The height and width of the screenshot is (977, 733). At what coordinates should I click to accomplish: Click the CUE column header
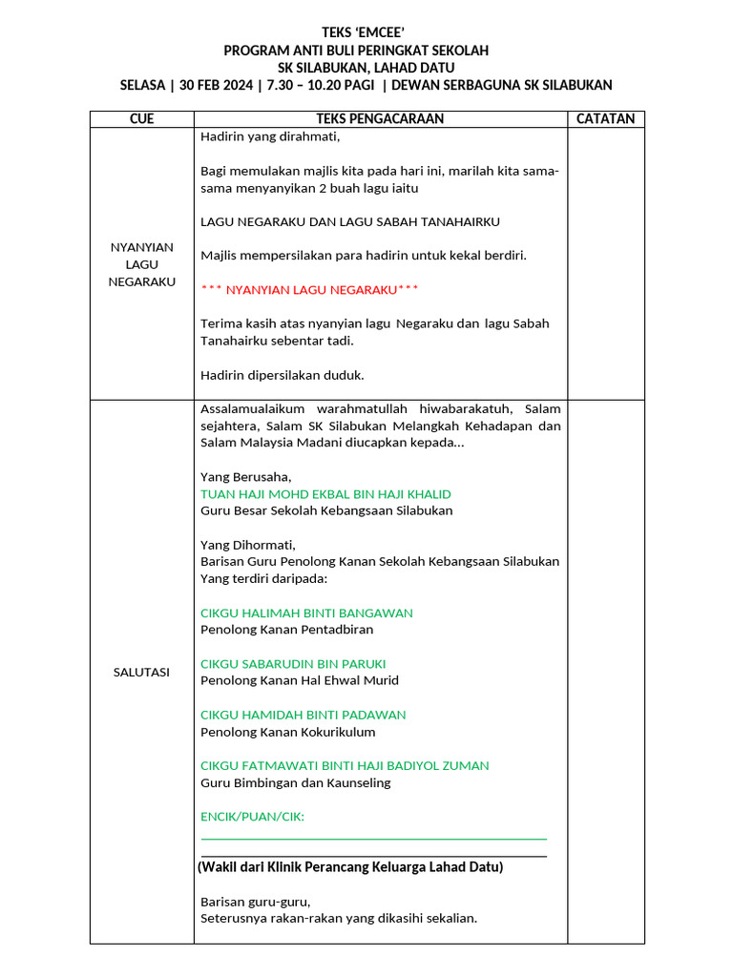click(x=141, y=119)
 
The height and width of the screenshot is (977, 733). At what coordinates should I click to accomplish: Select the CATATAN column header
click(x=606, y=119)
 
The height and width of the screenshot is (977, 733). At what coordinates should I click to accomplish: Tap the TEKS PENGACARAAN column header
click(x=380, y=119)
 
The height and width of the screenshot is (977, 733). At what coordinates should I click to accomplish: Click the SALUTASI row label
click(x=141, y=673)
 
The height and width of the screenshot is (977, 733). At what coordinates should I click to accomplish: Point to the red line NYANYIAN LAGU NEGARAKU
click(x=309, y=289)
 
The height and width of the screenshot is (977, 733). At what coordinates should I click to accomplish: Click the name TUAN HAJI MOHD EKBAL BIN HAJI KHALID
click(x=325, y=494)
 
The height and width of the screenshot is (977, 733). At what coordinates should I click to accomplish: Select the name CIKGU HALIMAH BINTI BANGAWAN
click(x=306, y=613)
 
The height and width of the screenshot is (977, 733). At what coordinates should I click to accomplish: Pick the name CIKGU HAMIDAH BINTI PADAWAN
click(x=303, y=715)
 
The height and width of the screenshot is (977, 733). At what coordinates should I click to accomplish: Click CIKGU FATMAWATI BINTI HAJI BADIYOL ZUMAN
click(x=345, y=765)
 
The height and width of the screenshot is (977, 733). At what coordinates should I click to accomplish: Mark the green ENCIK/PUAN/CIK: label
click(x=253, y=817)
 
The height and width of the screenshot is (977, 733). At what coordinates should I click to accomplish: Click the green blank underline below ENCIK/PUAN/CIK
click(x=373, y=839)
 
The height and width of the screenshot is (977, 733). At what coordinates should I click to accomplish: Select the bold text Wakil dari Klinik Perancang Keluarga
click(x=350, y=867)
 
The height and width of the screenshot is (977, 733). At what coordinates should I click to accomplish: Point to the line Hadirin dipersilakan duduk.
click(x=283, y=375)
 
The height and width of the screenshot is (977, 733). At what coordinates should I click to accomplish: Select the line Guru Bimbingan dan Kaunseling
click(x=295, y=783)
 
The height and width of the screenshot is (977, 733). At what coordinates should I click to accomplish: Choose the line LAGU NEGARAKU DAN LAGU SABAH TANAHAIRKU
click(x=349, y=221)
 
